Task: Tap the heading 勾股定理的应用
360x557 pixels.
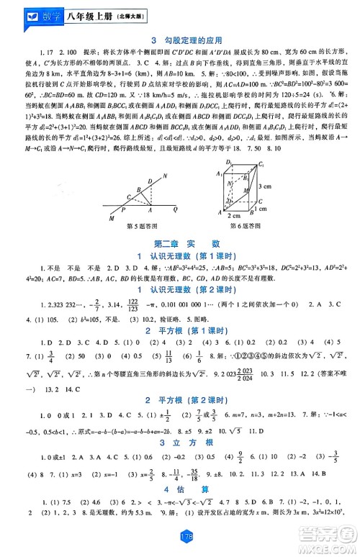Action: pyautogui.click(x=186, y=40)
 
